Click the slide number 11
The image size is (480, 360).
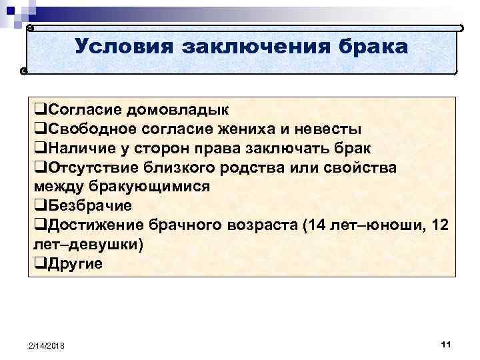point(446,343)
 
